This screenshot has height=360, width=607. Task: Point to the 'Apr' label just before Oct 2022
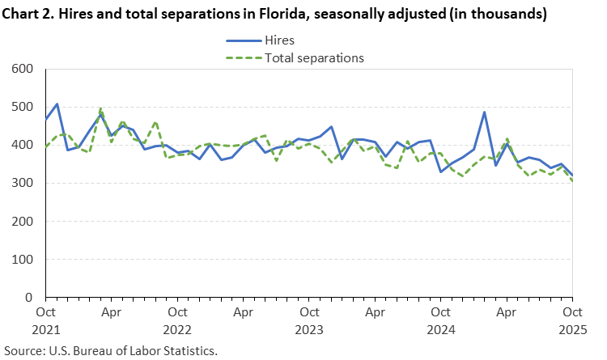coord(112,311)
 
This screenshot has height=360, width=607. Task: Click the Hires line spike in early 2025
coord(485,112)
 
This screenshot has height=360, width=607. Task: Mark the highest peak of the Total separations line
coord(100,108)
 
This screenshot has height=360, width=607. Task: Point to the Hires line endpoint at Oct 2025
coord(572,176)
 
